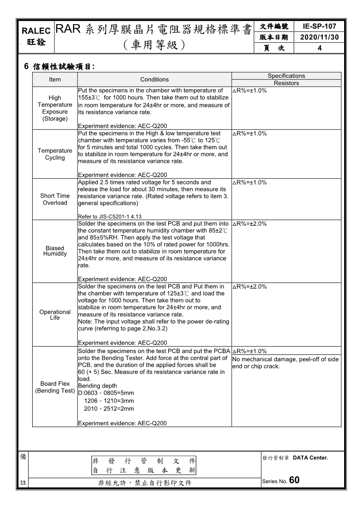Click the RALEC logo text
pyautogui.click(x=36, y=31)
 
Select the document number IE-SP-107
pyautogui.click(x=319, y=27)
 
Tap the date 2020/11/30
pyautogui.click(x=319, y=37)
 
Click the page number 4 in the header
pyautogui.click(x=319, y=48)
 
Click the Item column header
pyautogui.click(x=55, y=79)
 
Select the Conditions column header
pyautogui.click(x=154, y=79)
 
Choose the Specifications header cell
pyautogui.click(x=286, y=76)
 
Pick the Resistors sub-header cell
pyautogui.click(x=286, y=83)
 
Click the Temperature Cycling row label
pyautogui.click(x=55, y=154)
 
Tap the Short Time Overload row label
pyautogui.click(x=55, y=199)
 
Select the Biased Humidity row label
pyautogui.click(x=55, y=251)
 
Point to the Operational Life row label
pyautogui.click(x=55, y=315)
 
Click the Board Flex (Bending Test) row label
pyautogui.click(x=55, y=387)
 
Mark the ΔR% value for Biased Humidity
pyautogui.click(x=249, y=224)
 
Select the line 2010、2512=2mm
pyautogui.click(x=109, y=408)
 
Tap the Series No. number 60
pyautogui.click(x=294, y=480)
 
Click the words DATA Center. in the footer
pyautogui.click(x=310, y=458)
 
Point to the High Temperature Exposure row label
pyautogui.click(x=55, y=108)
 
